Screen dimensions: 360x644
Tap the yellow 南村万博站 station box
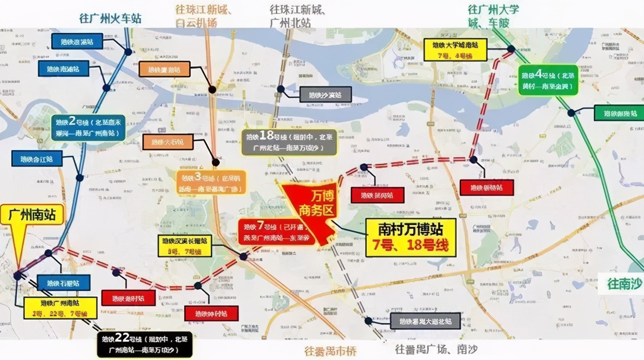pos(410,237)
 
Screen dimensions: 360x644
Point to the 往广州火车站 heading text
pos(110,18)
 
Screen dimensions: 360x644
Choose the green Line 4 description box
pos(547,80)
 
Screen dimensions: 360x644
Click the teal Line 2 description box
pos(89,128)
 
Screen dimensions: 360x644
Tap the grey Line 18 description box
pos(289,142)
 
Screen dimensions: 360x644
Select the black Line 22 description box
pos(145,344)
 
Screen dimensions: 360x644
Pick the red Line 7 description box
pos(277,232)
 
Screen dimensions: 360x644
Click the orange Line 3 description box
pos(211,183)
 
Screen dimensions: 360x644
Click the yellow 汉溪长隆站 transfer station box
pos(184,245)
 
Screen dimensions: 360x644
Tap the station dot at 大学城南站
pos(511,49)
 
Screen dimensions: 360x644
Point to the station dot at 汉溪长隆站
pos(244,256)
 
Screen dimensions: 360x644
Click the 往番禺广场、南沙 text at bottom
pos(436,350)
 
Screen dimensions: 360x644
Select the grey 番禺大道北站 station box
pos(425,322)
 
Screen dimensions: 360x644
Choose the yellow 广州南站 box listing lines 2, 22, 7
pos(61,308)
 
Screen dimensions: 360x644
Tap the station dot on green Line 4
pos(571,113)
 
